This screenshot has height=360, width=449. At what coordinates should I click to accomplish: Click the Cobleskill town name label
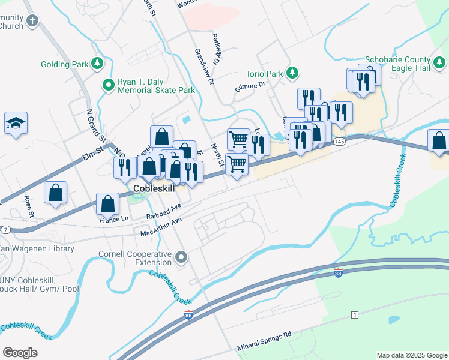(153, 188)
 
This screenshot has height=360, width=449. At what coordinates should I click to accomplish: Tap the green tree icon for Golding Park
(97, 64)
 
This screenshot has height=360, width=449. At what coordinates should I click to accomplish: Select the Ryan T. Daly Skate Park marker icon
(108, 85)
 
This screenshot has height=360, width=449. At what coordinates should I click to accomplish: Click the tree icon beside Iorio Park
(292, 73)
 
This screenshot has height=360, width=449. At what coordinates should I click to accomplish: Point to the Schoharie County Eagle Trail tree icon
(439, 62)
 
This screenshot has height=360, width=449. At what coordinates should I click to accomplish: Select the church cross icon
(32, 20)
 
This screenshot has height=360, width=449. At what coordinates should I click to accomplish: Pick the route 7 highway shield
(5, 230)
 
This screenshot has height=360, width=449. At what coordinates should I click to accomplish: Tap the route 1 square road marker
(355, 315)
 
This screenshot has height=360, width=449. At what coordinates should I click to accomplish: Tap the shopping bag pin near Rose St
(55, 193)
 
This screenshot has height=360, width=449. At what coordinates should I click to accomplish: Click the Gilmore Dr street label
(250, 88)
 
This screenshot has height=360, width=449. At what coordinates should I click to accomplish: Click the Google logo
(20, 352)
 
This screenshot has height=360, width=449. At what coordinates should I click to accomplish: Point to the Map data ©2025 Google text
(412, 355)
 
